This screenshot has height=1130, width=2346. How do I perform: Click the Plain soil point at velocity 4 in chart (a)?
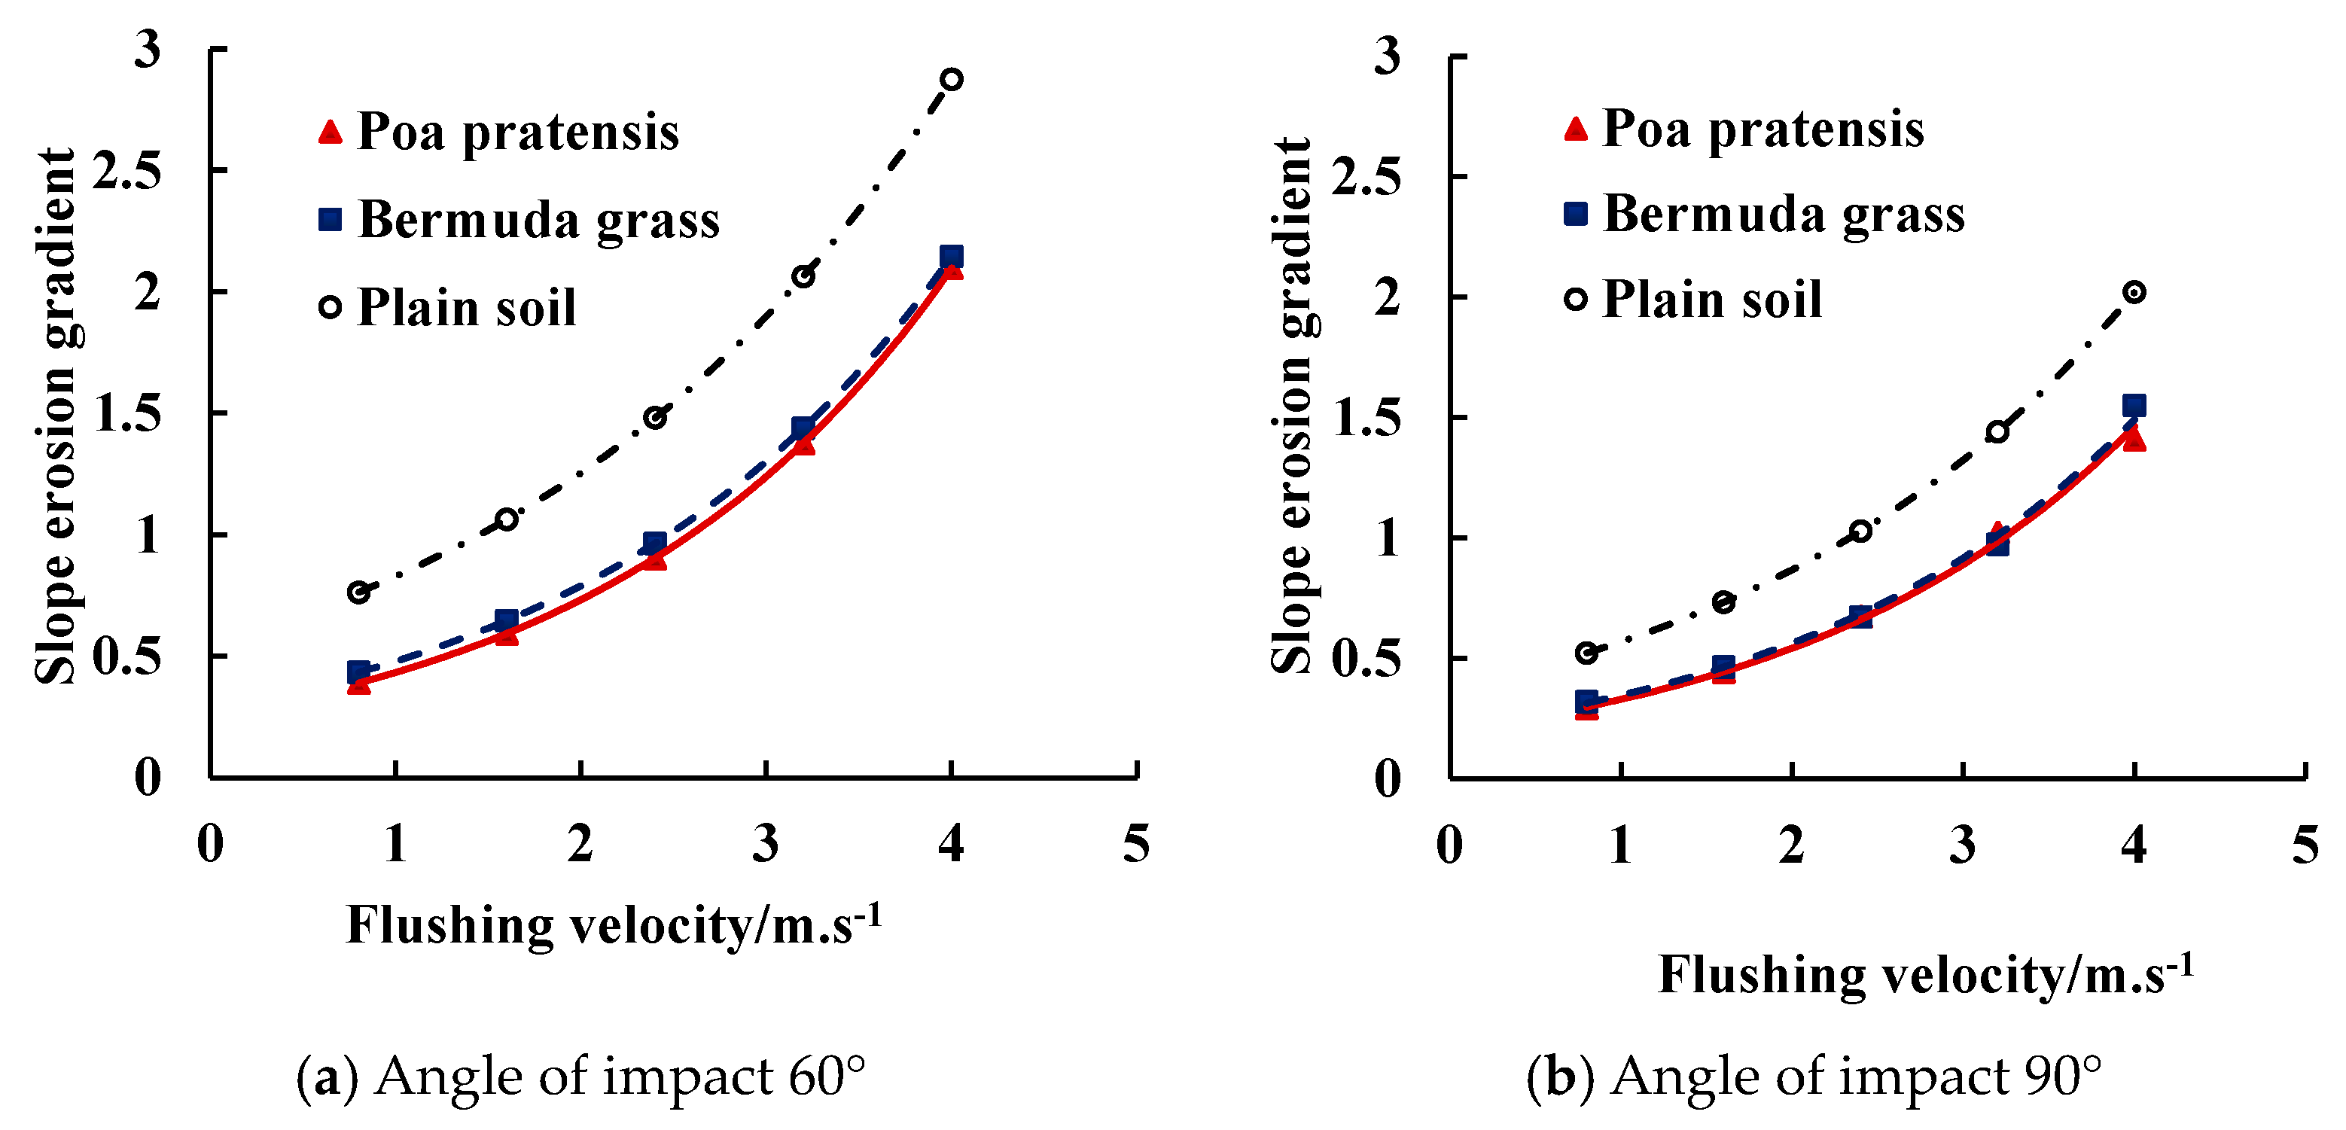pyautogui.click(x=951, y=79)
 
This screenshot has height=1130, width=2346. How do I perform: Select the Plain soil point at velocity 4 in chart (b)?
pyautogui.click(x=2134, y=292)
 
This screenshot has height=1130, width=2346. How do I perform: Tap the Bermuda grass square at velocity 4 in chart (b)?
pyautogui.click(x=2134, y=405)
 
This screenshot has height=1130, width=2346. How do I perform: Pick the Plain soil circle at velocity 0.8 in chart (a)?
pyautogui.click(x=359, y=592)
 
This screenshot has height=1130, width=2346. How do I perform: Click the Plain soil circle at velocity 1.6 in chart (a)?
pyautogui.click(x=507, y=519)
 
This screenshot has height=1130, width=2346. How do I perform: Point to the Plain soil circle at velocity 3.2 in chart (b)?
pyautogui.click(x=1997, y=431)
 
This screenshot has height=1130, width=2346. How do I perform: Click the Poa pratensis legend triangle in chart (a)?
pyautogui.click(x=330, y=133)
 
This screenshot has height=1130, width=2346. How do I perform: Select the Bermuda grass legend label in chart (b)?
pyautogui.click(x=1783, y=215)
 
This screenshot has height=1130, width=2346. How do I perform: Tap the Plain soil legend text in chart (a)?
pyautogui.click(x=466, y=308)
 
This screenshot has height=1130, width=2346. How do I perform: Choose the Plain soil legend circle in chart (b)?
pyautogui.click(x=1576, y=299)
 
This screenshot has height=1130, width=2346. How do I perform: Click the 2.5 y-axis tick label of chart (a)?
pyautogui.click(x=126, y=170)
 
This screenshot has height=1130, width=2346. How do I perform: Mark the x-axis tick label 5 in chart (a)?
pyautogui.click(x=1135, y=843)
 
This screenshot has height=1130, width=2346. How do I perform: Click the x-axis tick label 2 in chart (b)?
pyautogui.click(x=1791, y=845)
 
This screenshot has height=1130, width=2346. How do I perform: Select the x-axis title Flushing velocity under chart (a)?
pyautogui.click(x=613, y=926)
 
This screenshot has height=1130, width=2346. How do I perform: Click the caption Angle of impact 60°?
pyautogui.click(x=580, y=1077)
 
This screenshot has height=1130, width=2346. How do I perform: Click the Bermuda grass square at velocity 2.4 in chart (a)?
pyautogui.click(x=654, y=544)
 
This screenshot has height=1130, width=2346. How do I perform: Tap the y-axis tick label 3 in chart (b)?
pyautogui.click(x=1386, y=56)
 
